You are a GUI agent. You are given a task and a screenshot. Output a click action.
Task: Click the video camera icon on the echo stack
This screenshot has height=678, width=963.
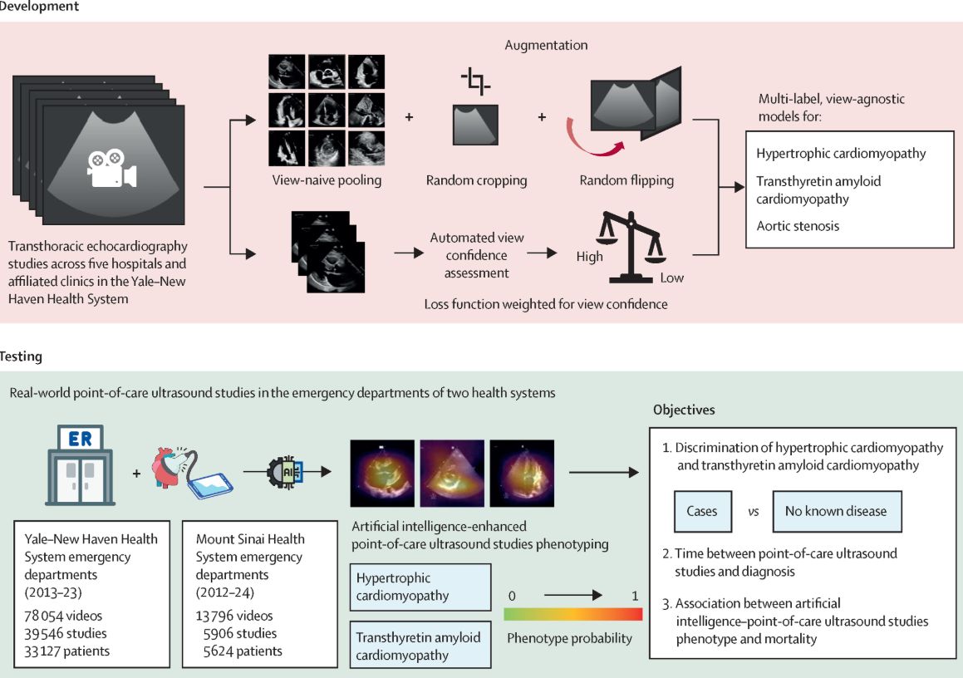coord(112,169)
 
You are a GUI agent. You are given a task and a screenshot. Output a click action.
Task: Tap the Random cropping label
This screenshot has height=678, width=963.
coord(477,180)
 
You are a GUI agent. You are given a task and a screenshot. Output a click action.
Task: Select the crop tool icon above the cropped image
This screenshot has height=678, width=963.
coord(475,81)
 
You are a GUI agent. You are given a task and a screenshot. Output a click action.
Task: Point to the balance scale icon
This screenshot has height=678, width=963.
coord(631,247)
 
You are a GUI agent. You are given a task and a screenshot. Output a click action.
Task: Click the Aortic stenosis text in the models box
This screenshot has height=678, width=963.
coord(797,226)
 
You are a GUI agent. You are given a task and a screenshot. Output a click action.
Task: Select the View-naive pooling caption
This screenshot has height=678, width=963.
coord(327,180)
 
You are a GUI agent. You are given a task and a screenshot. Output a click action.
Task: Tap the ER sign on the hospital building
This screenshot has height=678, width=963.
coord(81,439)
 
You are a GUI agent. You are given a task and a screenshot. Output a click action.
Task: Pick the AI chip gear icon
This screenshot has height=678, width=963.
coord(285,472)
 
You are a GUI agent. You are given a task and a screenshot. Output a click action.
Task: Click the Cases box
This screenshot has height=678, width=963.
coord(703,511)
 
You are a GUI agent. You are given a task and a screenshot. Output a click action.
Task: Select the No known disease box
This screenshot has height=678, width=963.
coord(837,511)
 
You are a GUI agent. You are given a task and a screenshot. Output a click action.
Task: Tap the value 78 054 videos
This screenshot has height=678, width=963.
coord(63,616)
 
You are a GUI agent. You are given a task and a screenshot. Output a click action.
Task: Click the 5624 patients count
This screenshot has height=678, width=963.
coord(243,651)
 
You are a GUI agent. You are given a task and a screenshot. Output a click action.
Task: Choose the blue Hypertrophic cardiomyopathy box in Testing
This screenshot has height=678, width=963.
coord(420,587)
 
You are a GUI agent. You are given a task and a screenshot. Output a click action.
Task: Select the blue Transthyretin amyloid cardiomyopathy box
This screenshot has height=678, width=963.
coord(420,646)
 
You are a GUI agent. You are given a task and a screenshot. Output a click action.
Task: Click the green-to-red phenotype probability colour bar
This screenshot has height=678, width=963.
coord(573,614)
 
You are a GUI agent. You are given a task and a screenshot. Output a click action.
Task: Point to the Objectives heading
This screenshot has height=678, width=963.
coord(684,410)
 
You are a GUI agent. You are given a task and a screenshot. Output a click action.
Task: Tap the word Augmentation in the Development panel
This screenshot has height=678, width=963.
coord(546,45)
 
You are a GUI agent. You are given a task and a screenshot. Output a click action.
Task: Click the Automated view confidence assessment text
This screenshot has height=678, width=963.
coord(477,255)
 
